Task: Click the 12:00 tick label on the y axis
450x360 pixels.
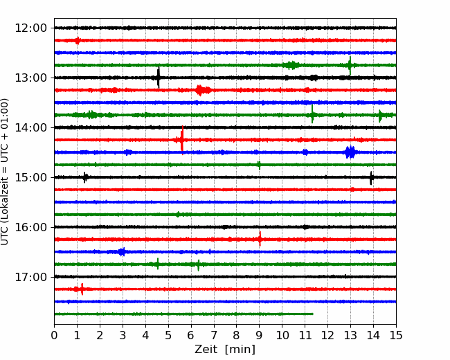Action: [x=30, y=28]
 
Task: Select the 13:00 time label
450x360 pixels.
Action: [x=30, y=78]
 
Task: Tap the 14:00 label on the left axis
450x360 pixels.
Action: [x=30, y=127]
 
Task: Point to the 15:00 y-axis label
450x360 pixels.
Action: [x=30, y=177]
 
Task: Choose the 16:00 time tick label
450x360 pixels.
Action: [x=30, y=227]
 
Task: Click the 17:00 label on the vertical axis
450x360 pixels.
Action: [x=30, y=277]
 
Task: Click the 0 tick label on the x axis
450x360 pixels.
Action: [x=54, y=335]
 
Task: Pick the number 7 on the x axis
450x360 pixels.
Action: [x=213, y=335]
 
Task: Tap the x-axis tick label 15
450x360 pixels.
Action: [x=396, y=335]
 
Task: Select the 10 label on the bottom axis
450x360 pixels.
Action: [x=282, y=335]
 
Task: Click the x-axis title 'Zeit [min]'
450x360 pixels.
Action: [x=225, y=350]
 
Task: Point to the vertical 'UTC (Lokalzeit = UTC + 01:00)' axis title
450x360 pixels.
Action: [x=4, y=172]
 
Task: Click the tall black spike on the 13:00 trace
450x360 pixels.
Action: [x=158, y=78]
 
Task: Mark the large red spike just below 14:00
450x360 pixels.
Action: [x=182, y=140]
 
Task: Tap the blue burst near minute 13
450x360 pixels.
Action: [x=350, y=152]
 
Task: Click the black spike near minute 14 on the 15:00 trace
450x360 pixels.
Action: [x=371, y=178]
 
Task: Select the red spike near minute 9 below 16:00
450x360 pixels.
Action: [x=260, y=239]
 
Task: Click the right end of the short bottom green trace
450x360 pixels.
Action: [x=313, y=314]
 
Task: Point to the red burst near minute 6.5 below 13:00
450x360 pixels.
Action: [x=202, y=91]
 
